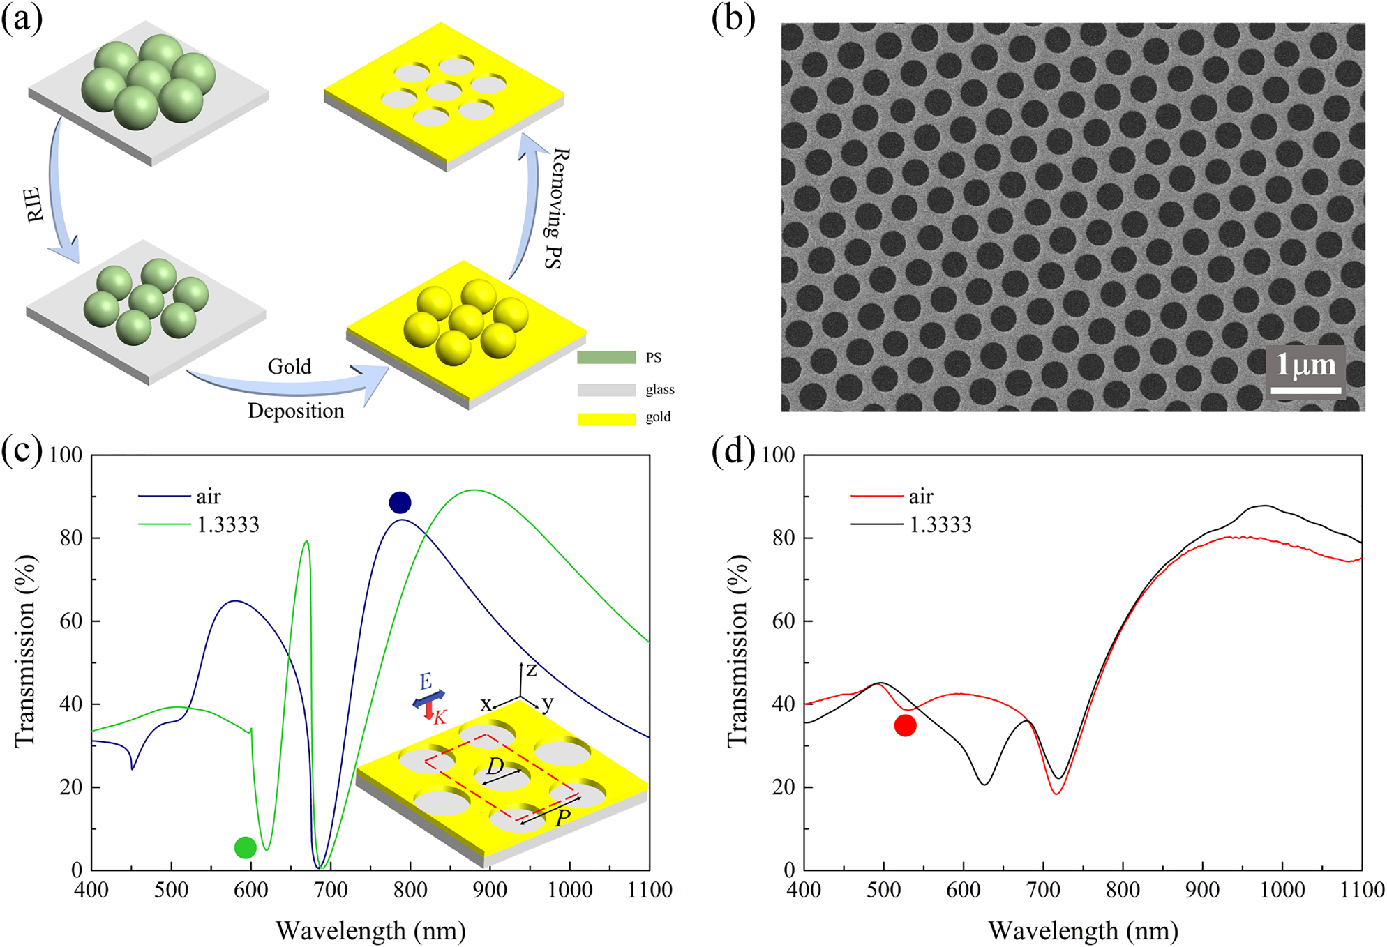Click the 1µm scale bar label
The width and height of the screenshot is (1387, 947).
pos(1305,364)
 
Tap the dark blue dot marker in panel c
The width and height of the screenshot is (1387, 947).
pos(400,502)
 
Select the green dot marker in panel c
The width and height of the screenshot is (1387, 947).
pos(246,847)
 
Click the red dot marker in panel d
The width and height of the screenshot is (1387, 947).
pos(905,726)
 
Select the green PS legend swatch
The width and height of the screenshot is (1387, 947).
pos(606,358)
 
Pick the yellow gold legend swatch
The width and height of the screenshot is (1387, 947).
pos(606,418)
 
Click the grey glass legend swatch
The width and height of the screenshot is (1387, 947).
pos(606,390)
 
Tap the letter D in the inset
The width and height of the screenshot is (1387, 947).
pos(495,766)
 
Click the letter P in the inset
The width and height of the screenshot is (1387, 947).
pos(562,817)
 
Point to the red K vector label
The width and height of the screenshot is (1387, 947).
pos(440,717)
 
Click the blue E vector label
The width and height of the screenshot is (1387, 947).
pos(426,681)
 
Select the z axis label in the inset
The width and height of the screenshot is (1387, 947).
pos(532,670)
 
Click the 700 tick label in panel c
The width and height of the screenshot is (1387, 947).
pos(331,890)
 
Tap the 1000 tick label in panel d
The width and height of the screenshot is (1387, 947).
pos(1282,890)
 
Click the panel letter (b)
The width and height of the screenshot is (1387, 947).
pos(733,19)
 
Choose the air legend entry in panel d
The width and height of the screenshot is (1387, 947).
pos(921,497)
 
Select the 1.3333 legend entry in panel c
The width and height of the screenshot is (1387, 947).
pos(228,524)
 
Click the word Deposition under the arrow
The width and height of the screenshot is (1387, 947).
pos(296,411)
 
